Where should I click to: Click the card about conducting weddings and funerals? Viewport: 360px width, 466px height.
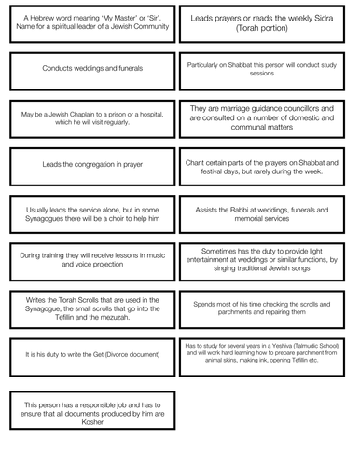(90, 68)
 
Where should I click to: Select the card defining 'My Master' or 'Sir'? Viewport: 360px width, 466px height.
(90, 21)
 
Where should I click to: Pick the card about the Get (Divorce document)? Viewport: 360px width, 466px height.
(90, 355)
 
